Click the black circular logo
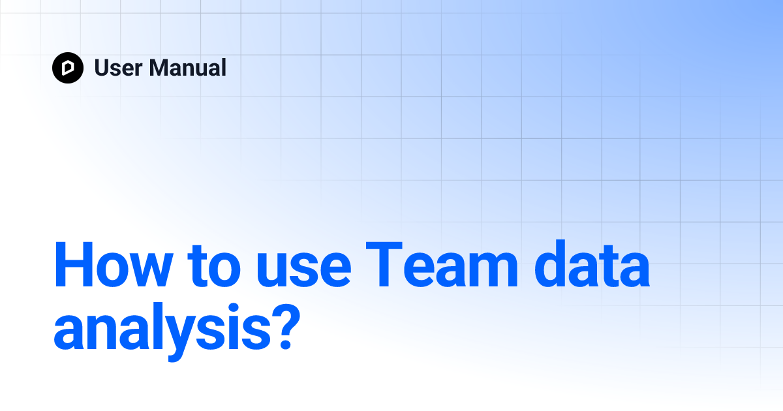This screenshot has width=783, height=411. [x=68, y=67]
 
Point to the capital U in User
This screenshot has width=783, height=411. [x=103, y=67]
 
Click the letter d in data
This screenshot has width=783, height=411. [x=543, y=267]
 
